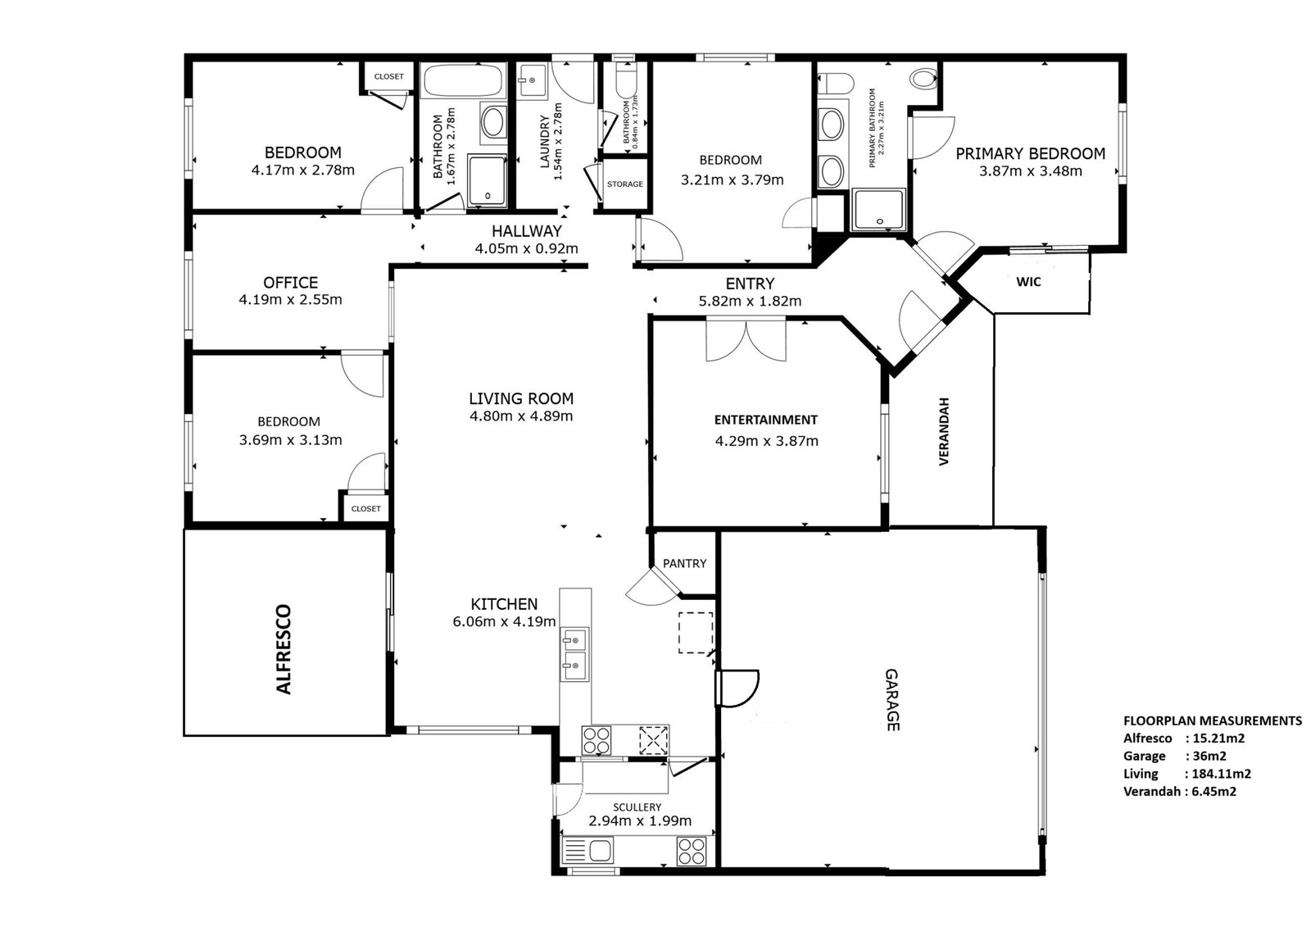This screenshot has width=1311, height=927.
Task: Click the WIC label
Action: [x=1028, y=282]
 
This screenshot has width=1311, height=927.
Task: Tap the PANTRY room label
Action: [x=684, y=563]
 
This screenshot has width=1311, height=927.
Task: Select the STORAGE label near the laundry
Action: [x=625, y=184]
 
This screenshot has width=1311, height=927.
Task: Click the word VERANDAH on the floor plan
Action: [x=943, y=432]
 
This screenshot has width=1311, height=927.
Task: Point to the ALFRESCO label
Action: [x=284, y=649]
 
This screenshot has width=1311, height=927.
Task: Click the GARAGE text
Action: [x=891, y=701]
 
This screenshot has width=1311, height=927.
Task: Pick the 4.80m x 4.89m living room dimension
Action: [x=521, y=416]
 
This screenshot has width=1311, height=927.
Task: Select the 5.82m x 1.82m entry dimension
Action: [x=750, y=301]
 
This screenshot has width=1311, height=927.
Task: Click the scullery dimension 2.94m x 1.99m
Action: [x=640, y=821]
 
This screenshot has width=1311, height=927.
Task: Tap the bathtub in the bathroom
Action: [x=462, y=80]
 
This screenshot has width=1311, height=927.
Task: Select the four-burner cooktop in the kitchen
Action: [x=597, y=741]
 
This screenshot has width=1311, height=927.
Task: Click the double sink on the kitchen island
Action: [x=574, y=654]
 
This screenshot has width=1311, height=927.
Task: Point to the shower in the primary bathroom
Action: [x=879, y=210]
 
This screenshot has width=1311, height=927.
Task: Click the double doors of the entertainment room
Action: [x=746, y=339]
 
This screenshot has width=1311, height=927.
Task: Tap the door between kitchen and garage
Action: [x=737, y=688]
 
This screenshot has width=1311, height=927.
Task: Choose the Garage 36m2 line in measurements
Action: [x=1174, y=756]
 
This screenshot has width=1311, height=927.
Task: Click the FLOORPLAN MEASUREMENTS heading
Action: [x=1213, y=721]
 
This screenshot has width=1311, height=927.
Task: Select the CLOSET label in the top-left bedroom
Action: [x=388, y=77]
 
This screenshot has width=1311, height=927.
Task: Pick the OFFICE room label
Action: [x=290, y=283]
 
